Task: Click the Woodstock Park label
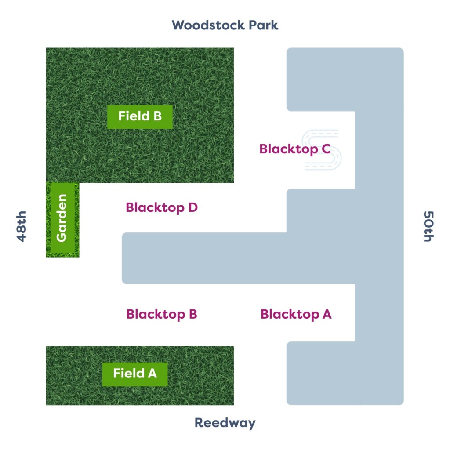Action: (225, 25)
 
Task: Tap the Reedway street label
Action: (225, 423)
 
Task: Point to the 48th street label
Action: (22, 226)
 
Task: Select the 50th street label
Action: (428, 226)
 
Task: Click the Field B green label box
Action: (140, 116)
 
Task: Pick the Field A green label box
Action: (135, 374)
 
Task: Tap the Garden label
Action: (62, 218)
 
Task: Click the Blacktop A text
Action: (296, 314)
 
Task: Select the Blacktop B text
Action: (162, 314)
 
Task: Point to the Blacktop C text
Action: (294, 149)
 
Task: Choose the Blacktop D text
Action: (162, 207)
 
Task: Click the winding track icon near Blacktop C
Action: (323, 149)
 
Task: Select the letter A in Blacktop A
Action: (327, 314)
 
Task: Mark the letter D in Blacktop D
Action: (192, 207)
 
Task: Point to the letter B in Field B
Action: (156, 116)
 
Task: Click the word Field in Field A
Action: (129, 374)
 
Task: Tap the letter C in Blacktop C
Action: (326, 149)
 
